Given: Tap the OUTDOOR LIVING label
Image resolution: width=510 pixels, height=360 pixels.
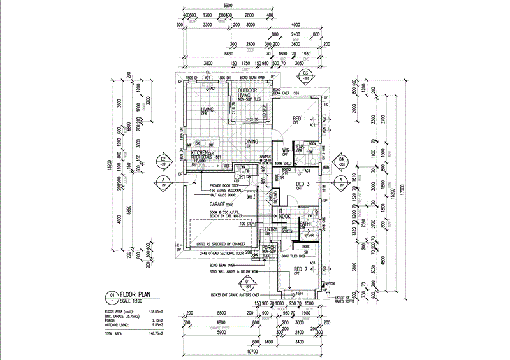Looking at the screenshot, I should tap(247, 94).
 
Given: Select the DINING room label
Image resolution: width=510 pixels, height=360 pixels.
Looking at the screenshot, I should tap(251, 142).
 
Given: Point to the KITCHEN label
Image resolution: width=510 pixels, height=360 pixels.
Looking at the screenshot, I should tap(200, 154).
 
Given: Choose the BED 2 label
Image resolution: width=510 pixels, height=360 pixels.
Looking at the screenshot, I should tap(301, 270).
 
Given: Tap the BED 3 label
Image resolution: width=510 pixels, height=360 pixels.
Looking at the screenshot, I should tap(302, 184).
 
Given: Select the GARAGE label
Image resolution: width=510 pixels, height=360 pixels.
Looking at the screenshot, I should tap(210, 204).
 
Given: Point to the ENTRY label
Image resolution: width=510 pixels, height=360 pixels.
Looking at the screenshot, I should tap(270, 229).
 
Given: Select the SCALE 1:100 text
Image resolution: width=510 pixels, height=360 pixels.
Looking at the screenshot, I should tap(135, 301).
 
